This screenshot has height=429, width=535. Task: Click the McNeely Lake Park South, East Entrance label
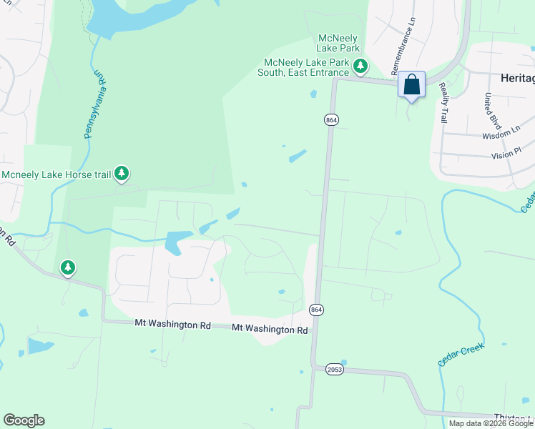tap(306, 66)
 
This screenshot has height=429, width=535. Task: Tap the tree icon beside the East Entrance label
tap(360, 66)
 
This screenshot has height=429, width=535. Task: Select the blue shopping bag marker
tap(411, 85)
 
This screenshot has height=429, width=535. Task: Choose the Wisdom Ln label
tap(501, 133)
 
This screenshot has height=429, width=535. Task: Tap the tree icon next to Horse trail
tap(122, 172)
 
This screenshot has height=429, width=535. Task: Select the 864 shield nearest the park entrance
tap(330, 120)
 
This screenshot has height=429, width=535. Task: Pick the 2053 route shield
tap(334, 370)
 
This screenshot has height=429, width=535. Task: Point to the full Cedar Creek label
tap(461, 355)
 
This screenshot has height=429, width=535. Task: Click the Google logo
tap(24, 420)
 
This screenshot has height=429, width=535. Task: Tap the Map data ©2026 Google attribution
tap(491, 423)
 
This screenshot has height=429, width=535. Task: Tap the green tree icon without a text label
tap(68, 267)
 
